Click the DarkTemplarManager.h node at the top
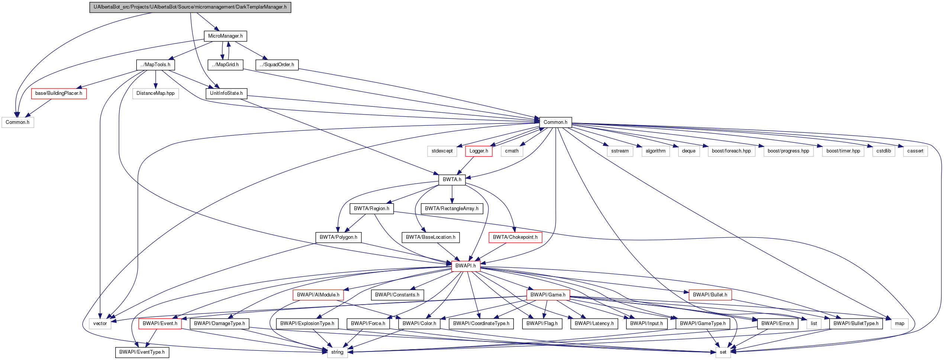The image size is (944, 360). [190, 7]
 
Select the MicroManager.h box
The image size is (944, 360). [225, 36]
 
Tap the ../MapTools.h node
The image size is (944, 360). [155, 65]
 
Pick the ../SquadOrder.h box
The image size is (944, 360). [277, 65]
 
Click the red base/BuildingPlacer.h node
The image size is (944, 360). [59, 93]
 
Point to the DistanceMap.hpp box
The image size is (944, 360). [155, 93]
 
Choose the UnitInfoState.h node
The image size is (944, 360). [226, 93]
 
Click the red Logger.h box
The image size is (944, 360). [479, 151]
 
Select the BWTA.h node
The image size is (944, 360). [452, 180]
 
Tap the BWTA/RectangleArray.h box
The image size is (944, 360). [452, 209]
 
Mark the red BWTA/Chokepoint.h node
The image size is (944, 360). [515, 237]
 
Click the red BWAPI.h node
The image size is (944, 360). [465, 266]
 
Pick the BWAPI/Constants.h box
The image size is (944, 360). [397, 295]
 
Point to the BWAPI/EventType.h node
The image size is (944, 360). [142, 352]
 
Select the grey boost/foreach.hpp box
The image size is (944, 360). [731, 151]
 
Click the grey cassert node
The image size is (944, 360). [915, 151]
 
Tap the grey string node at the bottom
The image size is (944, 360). [337, 352]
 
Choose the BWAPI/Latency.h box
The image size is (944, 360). [594, 324]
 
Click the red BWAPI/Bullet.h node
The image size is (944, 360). [710, 295]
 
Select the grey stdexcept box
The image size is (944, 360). [442, 151]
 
